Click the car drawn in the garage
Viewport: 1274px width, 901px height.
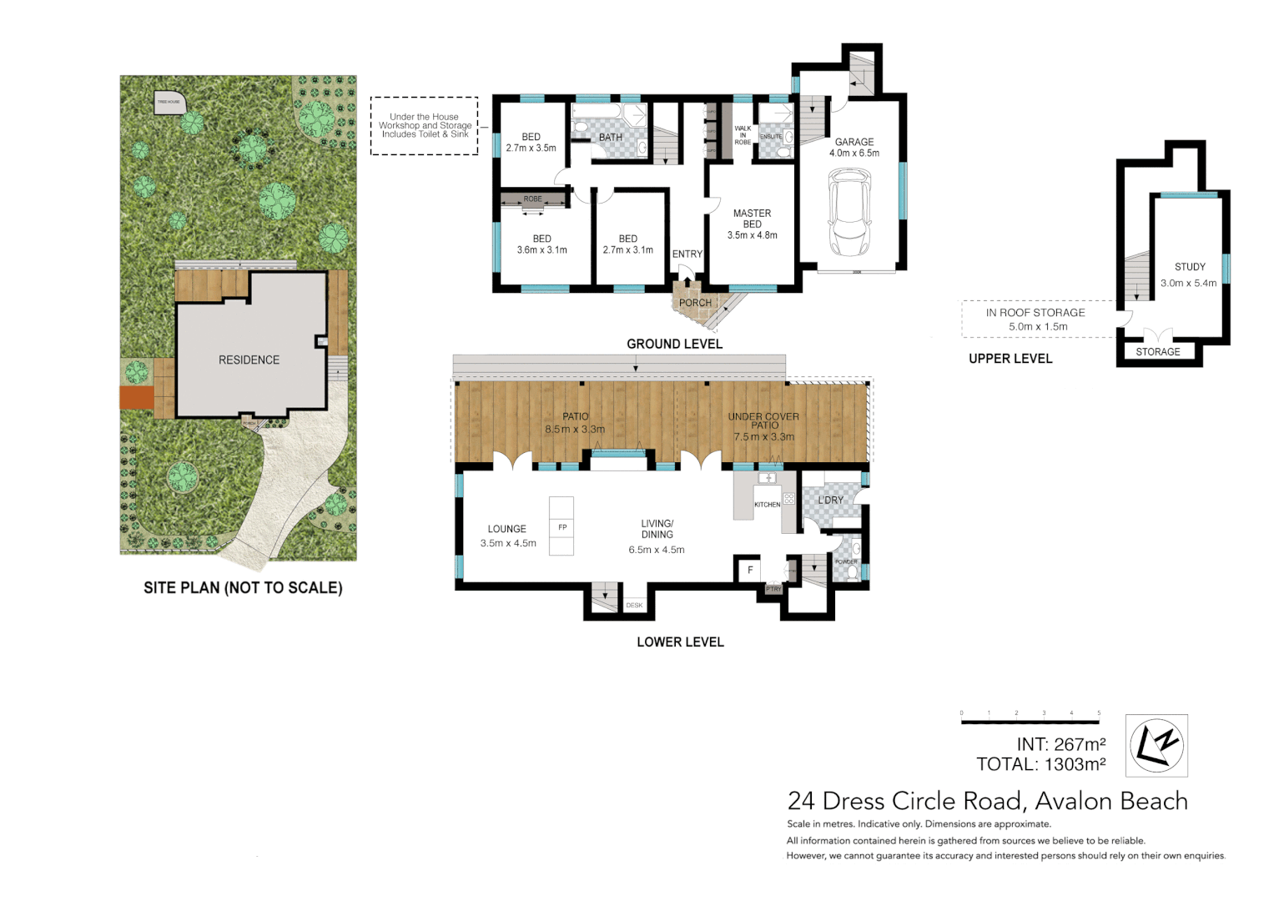[849, 213]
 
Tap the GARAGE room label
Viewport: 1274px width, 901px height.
[854, 143]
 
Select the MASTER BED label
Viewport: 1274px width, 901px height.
[752, 219]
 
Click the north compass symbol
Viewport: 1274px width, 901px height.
[1156, 745]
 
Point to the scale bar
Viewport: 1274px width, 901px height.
[1030, 721]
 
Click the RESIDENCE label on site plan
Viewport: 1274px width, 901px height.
[249, 360]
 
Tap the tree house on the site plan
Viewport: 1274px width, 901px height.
[169, 103]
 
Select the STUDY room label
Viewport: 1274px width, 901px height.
[1190, 267]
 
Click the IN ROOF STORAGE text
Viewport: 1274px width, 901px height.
[1035, 313]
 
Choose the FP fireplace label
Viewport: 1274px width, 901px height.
[562, 527]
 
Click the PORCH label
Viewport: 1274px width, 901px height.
[695, 303]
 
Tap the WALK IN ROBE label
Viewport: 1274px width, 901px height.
[743, 135]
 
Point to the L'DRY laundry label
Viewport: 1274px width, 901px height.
[830, 500]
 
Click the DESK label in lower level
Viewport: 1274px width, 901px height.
[634, 605]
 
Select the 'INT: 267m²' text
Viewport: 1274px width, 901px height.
[1060, 744]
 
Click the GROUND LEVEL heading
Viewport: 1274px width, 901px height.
[674, 344]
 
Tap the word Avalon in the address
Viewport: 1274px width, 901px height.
[1074, 801]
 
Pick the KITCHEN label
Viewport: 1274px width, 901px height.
[767, 505]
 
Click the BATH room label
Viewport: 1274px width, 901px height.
[611, 138]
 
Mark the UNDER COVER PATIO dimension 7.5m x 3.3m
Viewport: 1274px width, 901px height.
[763, 436]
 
